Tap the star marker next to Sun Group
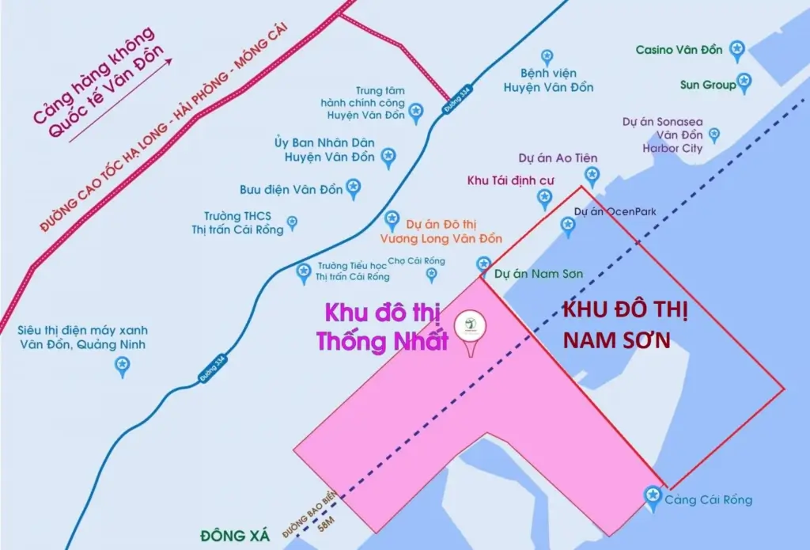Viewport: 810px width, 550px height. click(x=744, y=82)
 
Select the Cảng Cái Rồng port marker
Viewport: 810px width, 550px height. click(x=653, y=496)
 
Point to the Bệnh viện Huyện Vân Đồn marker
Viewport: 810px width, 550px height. click(x=547, y=57)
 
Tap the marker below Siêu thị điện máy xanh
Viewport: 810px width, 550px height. click(x=122, y=365)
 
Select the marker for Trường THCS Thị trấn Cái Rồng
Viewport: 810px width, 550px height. click(x=292, y=222)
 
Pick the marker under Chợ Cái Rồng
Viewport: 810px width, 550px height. click(x=431, y=274)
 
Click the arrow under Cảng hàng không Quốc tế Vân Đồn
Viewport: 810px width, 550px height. click(x=119, y=101)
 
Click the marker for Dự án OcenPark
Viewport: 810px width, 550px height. click(x=567, y=226)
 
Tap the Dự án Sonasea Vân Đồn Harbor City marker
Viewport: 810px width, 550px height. click(x=713, y=135)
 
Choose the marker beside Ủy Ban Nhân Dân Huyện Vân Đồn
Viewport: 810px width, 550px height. click(x=388, y=157)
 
